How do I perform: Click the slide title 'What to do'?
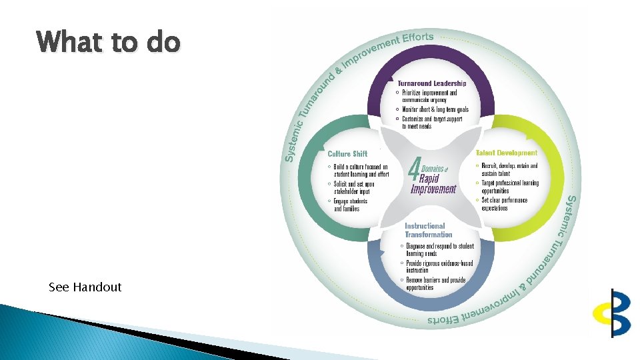pos(108,42)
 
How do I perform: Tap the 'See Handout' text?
pos(85,287)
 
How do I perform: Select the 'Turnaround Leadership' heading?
pos(432,83)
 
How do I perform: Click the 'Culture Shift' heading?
pos(347,154)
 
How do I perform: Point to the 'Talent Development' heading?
pos(506,153)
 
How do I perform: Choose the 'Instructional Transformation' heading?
pos(428,230)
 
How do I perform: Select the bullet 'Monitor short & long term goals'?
pos(435,109)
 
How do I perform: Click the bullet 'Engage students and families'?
pos(350,205)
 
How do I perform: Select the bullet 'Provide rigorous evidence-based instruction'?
pos(439,267)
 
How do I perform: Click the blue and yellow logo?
pos(612,312)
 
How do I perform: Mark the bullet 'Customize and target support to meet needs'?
pos(431,123)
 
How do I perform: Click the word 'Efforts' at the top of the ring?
pos(417,38)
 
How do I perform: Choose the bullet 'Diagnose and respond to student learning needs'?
pos(439,249)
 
